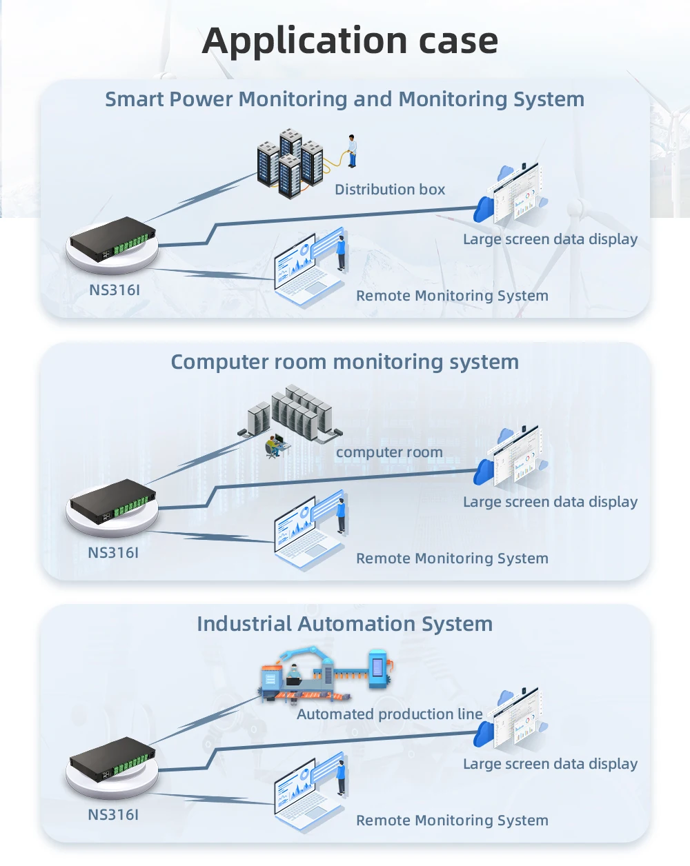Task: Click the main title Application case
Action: (x=350, y=41)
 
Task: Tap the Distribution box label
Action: (x=390, y=190)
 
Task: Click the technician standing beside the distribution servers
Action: (x=352, y=151)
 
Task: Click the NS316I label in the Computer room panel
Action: (x=113, y=553)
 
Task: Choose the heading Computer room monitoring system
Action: (x=344, y=362)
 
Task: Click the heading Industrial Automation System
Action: (x=344, y=624)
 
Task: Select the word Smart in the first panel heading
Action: (x=134, y=99)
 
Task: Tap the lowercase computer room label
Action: (x=389, y=452)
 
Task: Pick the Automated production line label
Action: (x=389, y=714)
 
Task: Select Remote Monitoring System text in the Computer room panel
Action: (x=452, y=558)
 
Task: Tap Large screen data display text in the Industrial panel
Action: (x=550, y=764)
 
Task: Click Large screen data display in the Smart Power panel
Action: (x=550, y=239)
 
